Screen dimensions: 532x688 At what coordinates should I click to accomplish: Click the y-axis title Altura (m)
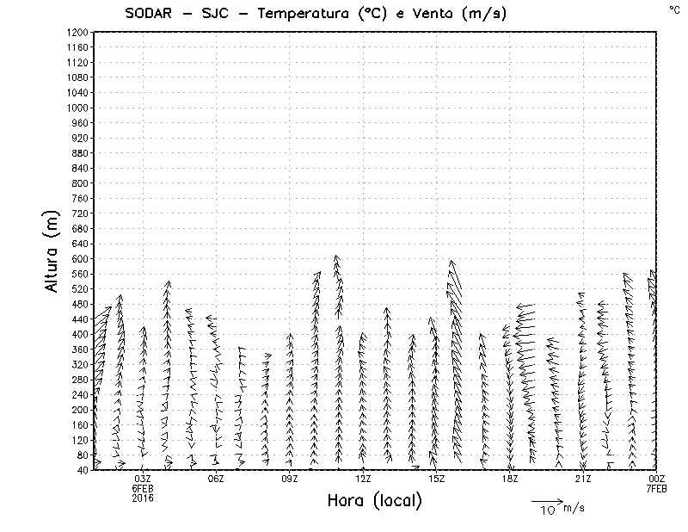point(53,251)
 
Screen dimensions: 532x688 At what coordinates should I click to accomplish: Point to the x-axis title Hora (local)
point(375,500)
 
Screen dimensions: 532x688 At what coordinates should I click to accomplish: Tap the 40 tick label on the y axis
point(83,470)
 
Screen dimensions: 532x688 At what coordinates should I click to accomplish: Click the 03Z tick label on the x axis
point(143,479)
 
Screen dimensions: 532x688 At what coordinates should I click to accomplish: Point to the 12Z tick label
point(363,479)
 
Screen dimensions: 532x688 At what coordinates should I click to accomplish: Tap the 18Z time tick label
point(510,479)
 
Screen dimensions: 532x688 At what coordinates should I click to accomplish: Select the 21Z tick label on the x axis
point(583,479)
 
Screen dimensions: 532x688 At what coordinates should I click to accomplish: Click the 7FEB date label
point(657,488)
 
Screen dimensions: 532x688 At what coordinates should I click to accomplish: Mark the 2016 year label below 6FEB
point(143,498)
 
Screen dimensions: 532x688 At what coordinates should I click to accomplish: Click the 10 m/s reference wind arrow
point(546,500)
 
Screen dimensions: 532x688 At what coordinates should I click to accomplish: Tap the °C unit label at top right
point(673,9)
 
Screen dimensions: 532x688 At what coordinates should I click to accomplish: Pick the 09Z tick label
point(290,479)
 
